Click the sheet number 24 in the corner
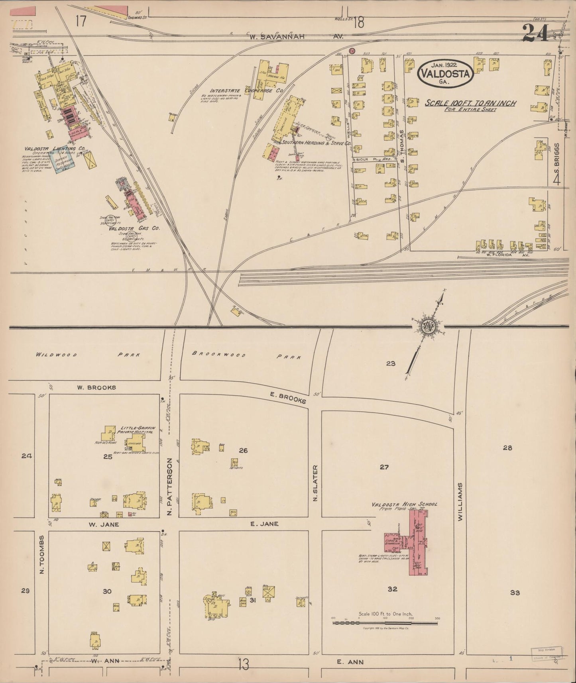click(x=536, y=33)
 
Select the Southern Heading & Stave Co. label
click(x=316, y=142)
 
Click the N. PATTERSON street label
click(x=169, y=487)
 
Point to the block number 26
click(x=243, y=450)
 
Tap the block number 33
click(x=515, y=593)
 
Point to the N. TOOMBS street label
click(x=41, y=555)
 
